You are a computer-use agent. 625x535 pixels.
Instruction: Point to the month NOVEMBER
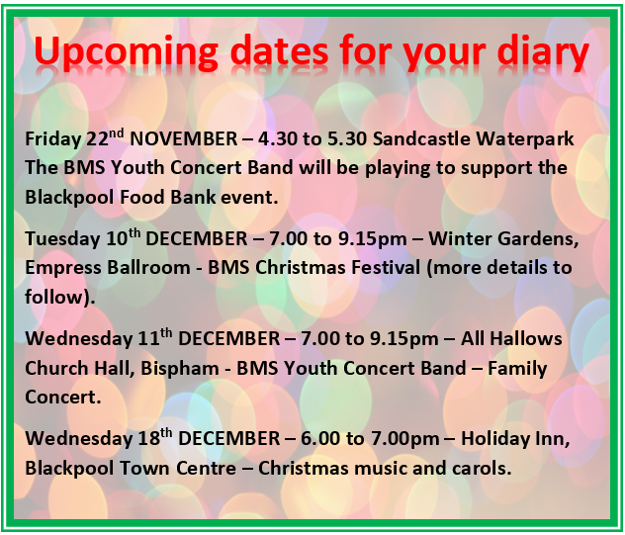point(184,138)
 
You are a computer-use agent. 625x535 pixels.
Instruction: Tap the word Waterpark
point(525,139)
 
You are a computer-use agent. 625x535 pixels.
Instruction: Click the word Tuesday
point(62,239)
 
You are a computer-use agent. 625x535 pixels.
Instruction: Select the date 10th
point(124,237)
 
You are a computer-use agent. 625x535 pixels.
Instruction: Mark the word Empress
point(63,268)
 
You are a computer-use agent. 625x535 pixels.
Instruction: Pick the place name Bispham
point(180,369)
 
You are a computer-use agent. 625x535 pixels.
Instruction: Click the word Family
point(517,369)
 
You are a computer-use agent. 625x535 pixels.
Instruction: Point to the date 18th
point(155,437)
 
